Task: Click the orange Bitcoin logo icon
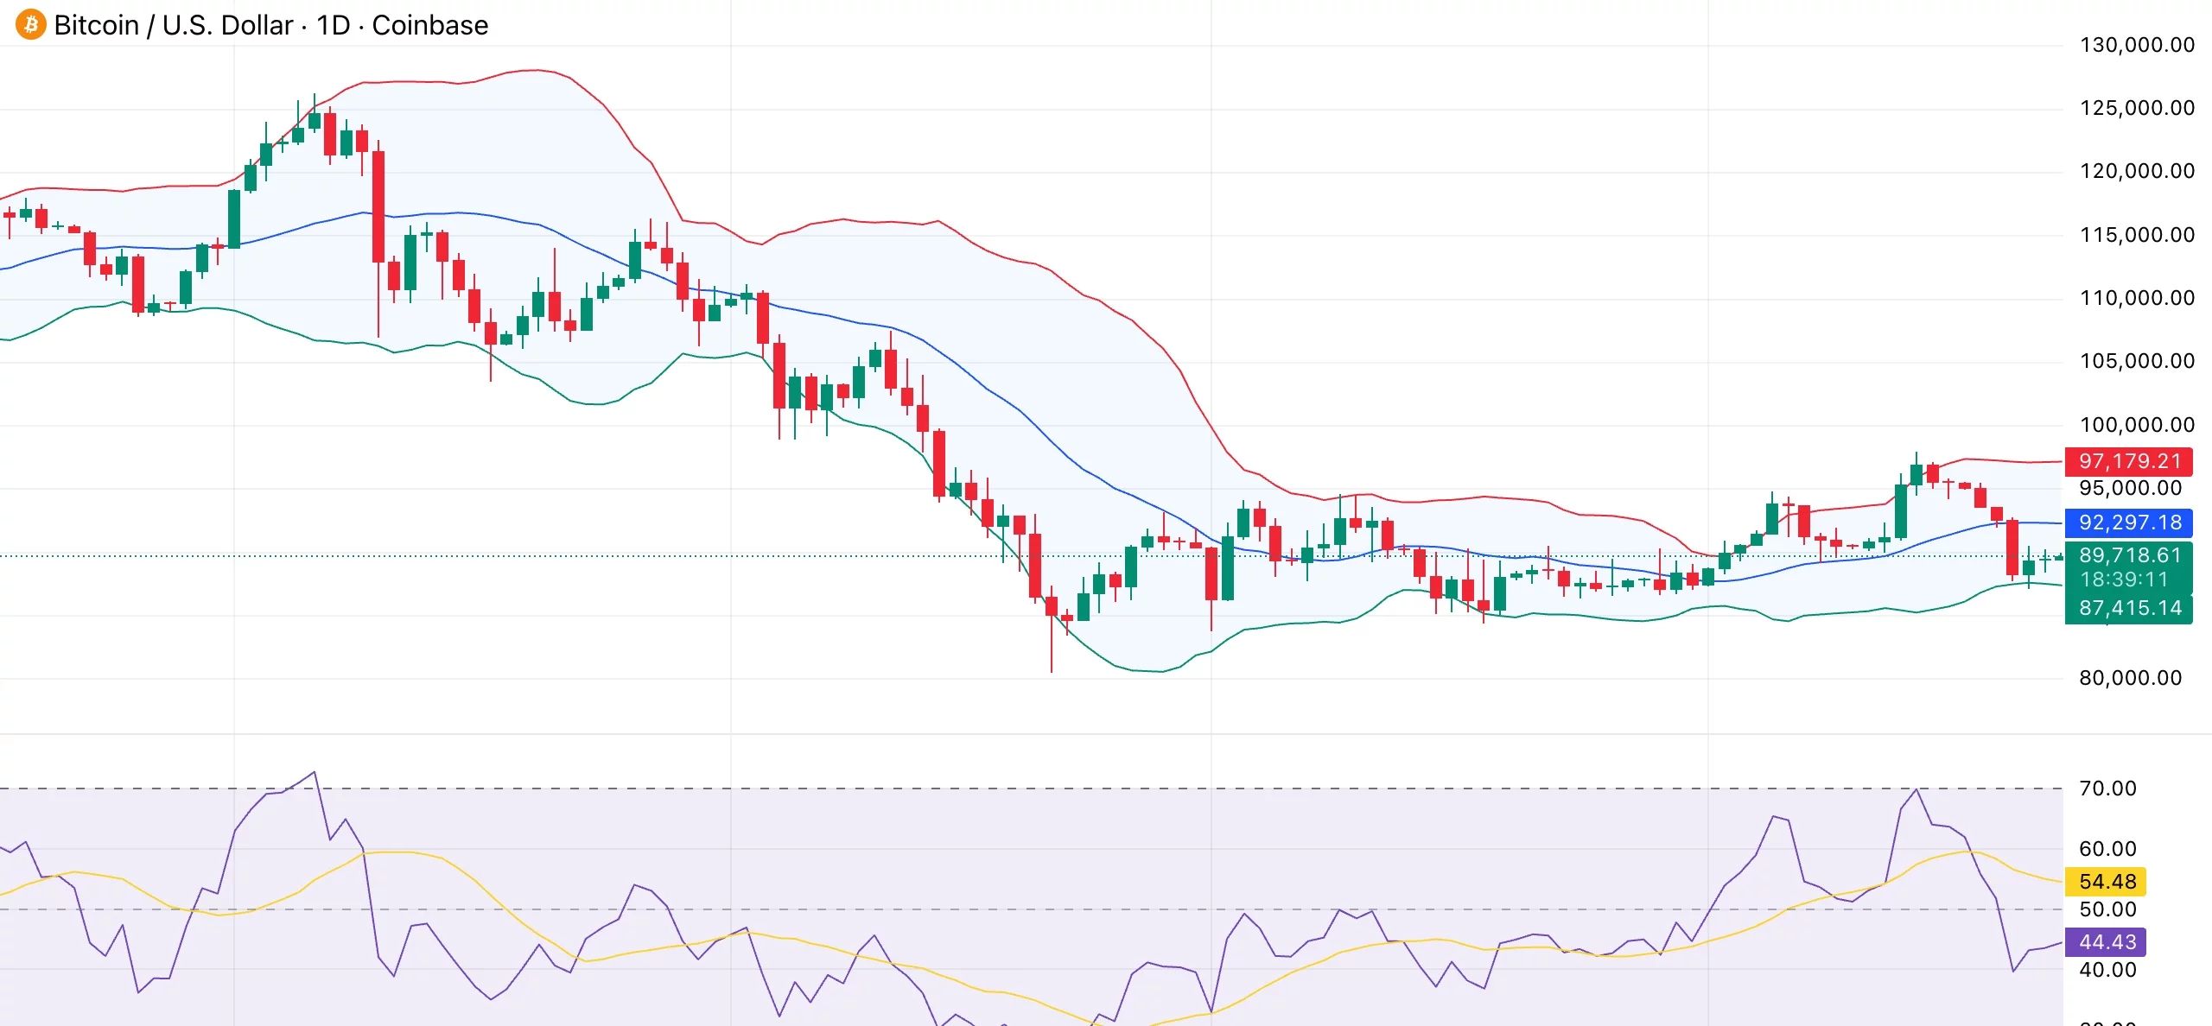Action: tap(31, 24)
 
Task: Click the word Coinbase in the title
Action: tap(429, 25)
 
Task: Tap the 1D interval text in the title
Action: tap(333, 25)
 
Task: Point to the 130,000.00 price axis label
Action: tap(2136, 45)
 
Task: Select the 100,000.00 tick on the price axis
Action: tap(2136, 425)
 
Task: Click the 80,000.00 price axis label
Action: tap(2130, 678)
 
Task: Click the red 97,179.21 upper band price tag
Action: tap(2129, 461)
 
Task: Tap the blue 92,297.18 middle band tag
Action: tap(2129, 522)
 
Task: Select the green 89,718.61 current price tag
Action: tap(2129, 555)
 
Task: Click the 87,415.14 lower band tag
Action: tap(2129, 608)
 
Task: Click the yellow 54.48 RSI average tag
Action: tap(2107, 882)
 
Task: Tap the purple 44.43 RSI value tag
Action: tap(2107, 942)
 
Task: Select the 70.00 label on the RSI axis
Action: tap(2107, 788)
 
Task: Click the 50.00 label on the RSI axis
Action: tap(2107, 909)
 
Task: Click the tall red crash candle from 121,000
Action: tap(378, 207)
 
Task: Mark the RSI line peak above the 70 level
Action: tap(315, 773)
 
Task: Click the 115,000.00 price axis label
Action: tap(2136, 235)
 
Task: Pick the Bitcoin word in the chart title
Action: tap(96, 25)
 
